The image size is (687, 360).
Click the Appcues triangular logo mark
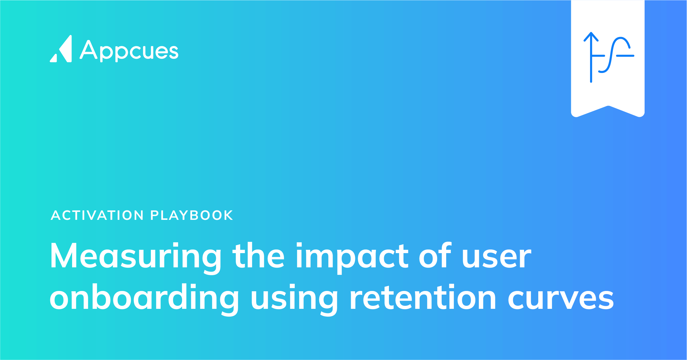[61, 49]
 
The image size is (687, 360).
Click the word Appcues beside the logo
[129, 51]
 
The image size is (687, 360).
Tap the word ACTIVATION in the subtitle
[97, 215]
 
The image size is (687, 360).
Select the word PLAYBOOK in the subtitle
[191, 215]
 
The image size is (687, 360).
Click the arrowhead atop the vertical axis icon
[591, 36]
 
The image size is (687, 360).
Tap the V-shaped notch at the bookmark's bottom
[608, 107]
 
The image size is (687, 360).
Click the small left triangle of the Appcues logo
[54, 58]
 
